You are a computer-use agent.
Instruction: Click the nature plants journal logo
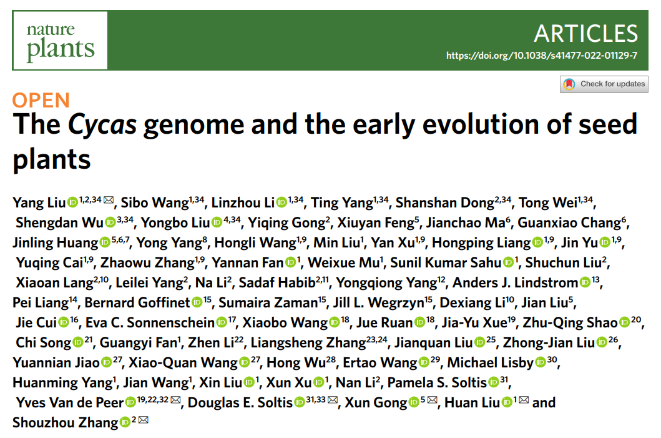click(x=61, y=41)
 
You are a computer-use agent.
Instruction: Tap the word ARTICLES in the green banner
click(x=586, y=33)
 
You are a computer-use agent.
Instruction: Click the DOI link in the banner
click(x=542, y=56)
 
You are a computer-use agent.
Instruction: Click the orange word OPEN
click(x=41, y=101)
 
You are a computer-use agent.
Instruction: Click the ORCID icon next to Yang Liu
click(x=72, y=202)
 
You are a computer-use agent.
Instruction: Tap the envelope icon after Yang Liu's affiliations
click(x=109, y=200)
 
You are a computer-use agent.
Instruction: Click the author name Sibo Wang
click(x=155, y=203)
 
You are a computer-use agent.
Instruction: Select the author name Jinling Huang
click(x=55, y=243)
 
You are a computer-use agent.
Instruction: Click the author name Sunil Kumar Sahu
click(x=446, y=262)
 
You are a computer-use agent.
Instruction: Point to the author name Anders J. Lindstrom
click(x=515, y=282)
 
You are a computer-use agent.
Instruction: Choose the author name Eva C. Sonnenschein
click(x=150, y=323)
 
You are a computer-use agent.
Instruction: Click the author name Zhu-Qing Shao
click(x=570, y=323)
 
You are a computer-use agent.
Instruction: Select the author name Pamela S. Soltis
click(x=437, y=383)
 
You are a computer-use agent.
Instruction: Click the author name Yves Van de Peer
click(x=70, y=403)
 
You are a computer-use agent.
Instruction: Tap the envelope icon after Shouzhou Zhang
click(x=144, y=421)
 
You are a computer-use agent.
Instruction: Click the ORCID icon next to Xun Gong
click(x=414, y=402)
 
